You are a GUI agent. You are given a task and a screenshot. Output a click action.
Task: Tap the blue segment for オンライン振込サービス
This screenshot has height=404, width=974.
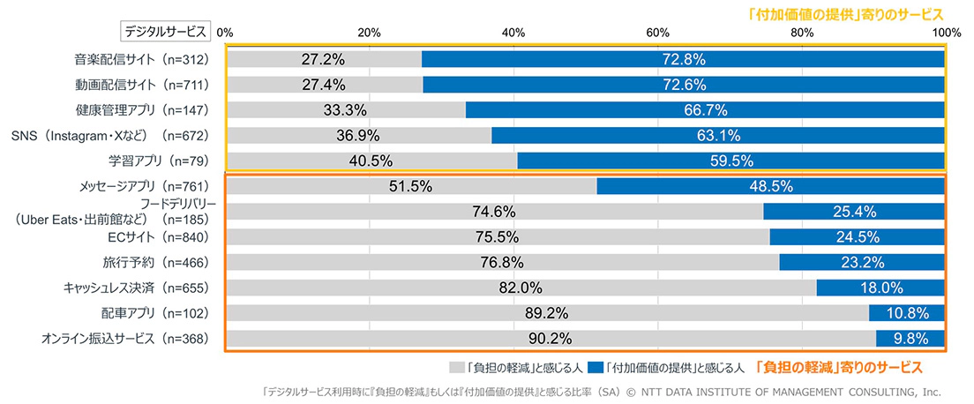point(910,339)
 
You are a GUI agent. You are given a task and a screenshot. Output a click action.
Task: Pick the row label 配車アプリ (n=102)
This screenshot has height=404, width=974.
point(155,313)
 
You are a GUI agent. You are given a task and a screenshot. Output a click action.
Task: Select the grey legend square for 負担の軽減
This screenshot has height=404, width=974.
point(456,365)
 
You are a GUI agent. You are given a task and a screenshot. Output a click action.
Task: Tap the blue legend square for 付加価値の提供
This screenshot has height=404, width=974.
point(595,365)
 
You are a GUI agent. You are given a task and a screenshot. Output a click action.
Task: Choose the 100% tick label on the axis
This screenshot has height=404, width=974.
point(946,33)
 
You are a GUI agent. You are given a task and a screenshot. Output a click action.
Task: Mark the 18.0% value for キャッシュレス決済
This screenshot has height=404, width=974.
point(880,288)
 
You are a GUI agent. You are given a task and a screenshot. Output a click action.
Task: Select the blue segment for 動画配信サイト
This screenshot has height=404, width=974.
point(684,85)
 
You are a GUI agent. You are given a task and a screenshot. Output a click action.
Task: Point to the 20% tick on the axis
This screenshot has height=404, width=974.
point(369,33)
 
